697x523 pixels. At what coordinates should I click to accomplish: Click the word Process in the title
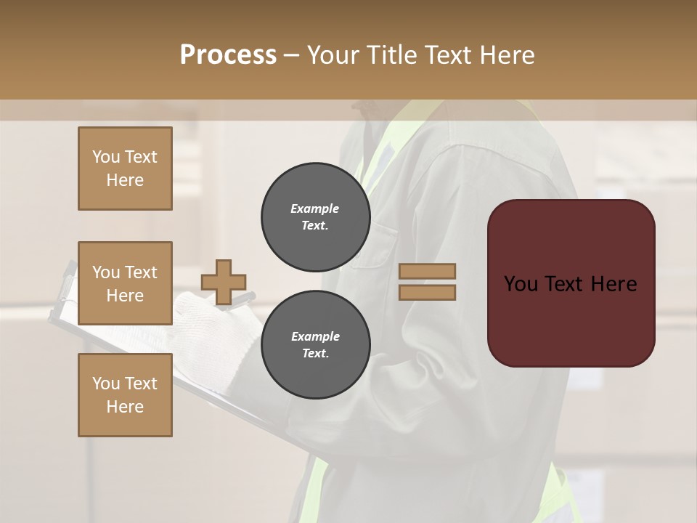pos(228,55)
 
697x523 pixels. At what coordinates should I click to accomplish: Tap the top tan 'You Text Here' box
pos(125,169)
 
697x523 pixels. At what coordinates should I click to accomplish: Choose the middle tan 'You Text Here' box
pos(125,283)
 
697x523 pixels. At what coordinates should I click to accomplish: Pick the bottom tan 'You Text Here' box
pos(125,395)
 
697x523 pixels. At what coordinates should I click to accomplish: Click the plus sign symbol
pos(224,281)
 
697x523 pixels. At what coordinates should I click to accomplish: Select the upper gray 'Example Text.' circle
pos(315,217)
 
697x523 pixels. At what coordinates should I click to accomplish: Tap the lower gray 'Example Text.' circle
pos(315,345)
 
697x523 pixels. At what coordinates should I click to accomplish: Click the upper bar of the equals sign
pos(427,272)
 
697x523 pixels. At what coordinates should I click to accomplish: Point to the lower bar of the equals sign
pos(427,292)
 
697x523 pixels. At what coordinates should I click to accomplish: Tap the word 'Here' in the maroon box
pos(614,284)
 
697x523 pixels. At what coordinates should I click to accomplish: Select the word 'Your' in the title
pos(332,55)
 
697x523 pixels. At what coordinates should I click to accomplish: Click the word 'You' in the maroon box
pos(521,284)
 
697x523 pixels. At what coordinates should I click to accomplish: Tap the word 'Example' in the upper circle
pos(315,208)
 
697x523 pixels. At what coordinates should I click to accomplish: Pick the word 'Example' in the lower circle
pos(315,336)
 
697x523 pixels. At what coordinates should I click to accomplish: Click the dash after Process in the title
pos(292,56)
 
